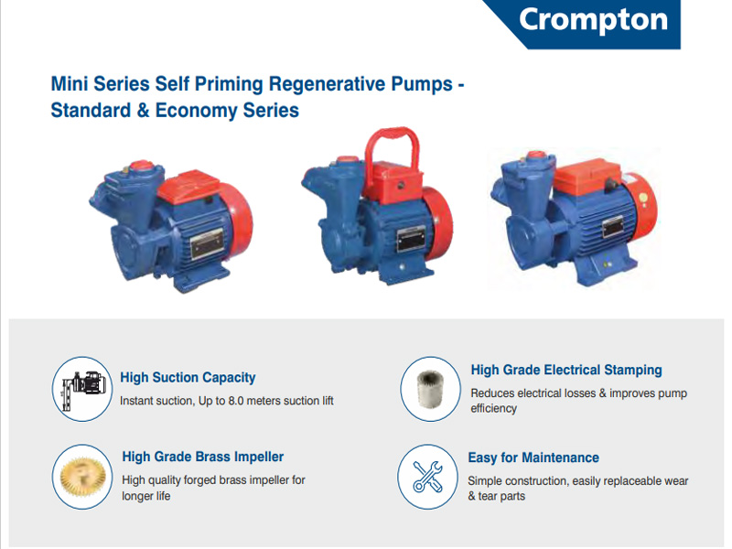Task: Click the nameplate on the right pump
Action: [x=613, y=227]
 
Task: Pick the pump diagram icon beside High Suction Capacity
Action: [x=82, y=389]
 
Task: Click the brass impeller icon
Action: [x=82, y=477]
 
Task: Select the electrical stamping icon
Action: [x=430, y=389]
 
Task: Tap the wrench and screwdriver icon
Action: [x=427, y=476]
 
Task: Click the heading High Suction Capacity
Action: [x=188, y=377]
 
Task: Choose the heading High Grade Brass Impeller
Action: [x=202, y=457]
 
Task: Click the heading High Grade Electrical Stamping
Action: [x=566, y=370]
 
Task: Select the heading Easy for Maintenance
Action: [x=533, y=457]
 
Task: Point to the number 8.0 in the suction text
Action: [x=235, y=401]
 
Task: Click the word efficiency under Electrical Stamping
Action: [x=493, y=408]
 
